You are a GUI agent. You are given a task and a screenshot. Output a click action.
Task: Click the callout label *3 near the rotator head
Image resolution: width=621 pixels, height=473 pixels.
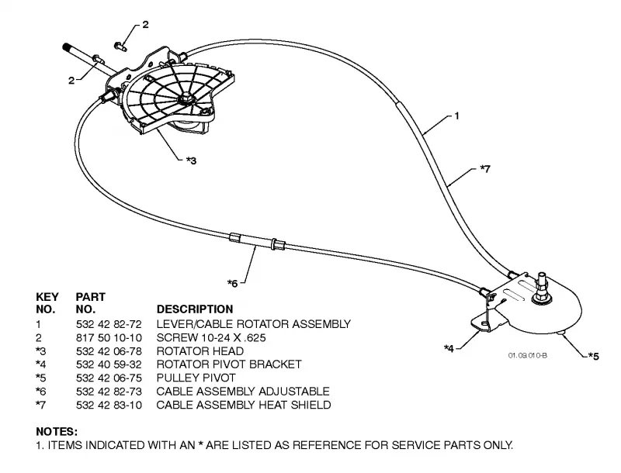click(191, 161)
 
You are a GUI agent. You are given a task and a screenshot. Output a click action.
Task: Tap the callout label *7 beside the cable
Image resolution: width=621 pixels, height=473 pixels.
click(485, 169)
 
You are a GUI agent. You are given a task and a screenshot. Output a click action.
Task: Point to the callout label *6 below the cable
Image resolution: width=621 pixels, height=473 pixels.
click(232, 284)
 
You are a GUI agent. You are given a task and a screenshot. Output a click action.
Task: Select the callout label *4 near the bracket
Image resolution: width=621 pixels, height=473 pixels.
click(449, 348)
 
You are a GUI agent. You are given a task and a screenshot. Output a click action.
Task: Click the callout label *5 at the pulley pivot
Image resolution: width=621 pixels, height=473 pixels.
click(593, 357)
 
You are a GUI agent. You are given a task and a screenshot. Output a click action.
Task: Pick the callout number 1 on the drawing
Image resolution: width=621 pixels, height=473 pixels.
click(456, 116)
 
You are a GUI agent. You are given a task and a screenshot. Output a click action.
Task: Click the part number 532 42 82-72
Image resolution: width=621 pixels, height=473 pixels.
click(109, 324)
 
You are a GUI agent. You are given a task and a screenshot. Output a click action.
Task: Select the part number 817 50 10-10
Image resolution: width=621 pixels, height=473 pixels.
click(109, 338)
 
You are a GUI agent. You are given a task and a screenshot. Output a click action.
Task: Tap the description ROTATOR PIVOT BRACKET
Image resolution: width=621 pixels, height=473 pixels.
click(229, 364)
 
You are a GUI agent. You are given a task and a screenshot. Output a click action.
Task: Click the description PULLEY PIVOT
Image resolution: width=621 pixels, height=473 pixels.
click(196, 378)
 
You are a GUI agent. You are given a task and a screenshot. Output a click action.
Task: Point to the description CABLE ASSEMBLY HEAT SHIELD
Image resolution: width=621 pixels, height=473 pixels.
click(244, 405)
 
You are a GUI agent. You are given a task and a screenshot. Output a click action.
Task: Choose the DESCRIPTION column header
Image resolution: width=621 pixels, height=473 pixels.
click(195, 309)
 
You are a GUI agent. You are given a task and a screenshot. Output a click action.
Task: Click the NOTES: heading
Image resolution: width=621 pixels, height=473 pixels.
click(57, 431)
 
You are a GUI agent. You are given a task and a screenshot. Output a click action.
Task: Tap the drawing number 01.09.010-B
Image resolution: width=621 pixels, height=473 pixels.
click(528, 356)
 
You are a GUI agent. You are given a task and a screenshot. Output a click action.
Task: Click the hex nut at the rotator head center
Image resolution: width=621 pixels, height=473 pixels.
click(186, 97)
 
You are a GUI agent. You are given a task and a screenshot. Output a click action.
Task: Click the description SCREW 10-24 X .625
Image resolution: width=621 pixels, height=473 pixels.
click(211, 338)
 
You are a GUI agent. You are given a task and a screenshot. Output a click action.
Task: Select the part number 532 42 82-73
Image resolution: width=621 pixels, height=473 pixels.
click(109, 392)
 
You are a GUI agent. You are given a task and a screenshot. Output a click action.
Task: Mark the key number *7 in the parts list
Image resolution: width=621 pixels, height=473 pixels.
click(40, 405)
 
